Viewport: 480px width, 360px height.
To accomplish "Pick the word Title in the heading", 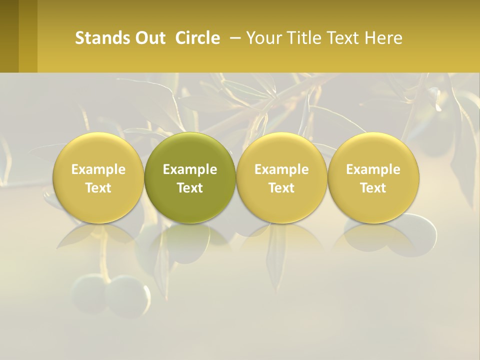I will coord(304,38).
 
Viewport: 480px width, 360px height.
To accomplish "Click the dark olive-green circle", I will coord(190,150).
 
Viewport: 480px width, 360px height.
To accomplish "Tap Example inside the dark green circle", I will coord(190,169).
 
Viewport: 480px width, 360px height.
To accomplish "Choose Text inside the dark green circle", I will coord(190,188).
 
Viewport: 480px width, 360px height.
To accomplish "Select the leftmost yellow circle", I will coord(98,150).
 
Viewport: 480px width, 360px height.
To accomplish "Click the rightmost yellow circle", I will coord(373,150).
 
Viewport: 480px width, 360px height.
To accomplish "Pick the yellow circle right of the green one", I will coord(281,150).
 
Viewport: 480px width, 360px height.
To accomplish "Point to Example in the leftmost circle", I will coord(98,169).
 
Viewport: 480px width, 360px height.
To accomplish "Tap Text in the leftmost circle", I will coord(98,188).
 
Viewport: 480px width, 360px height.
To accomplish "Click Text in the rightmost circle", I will coord(373,188).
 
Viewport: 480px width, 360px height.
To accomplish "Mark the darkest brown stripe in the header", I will coord(9,36).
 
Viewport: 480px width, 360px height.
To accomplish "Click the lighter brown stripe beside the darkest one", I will coord(28,36).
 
